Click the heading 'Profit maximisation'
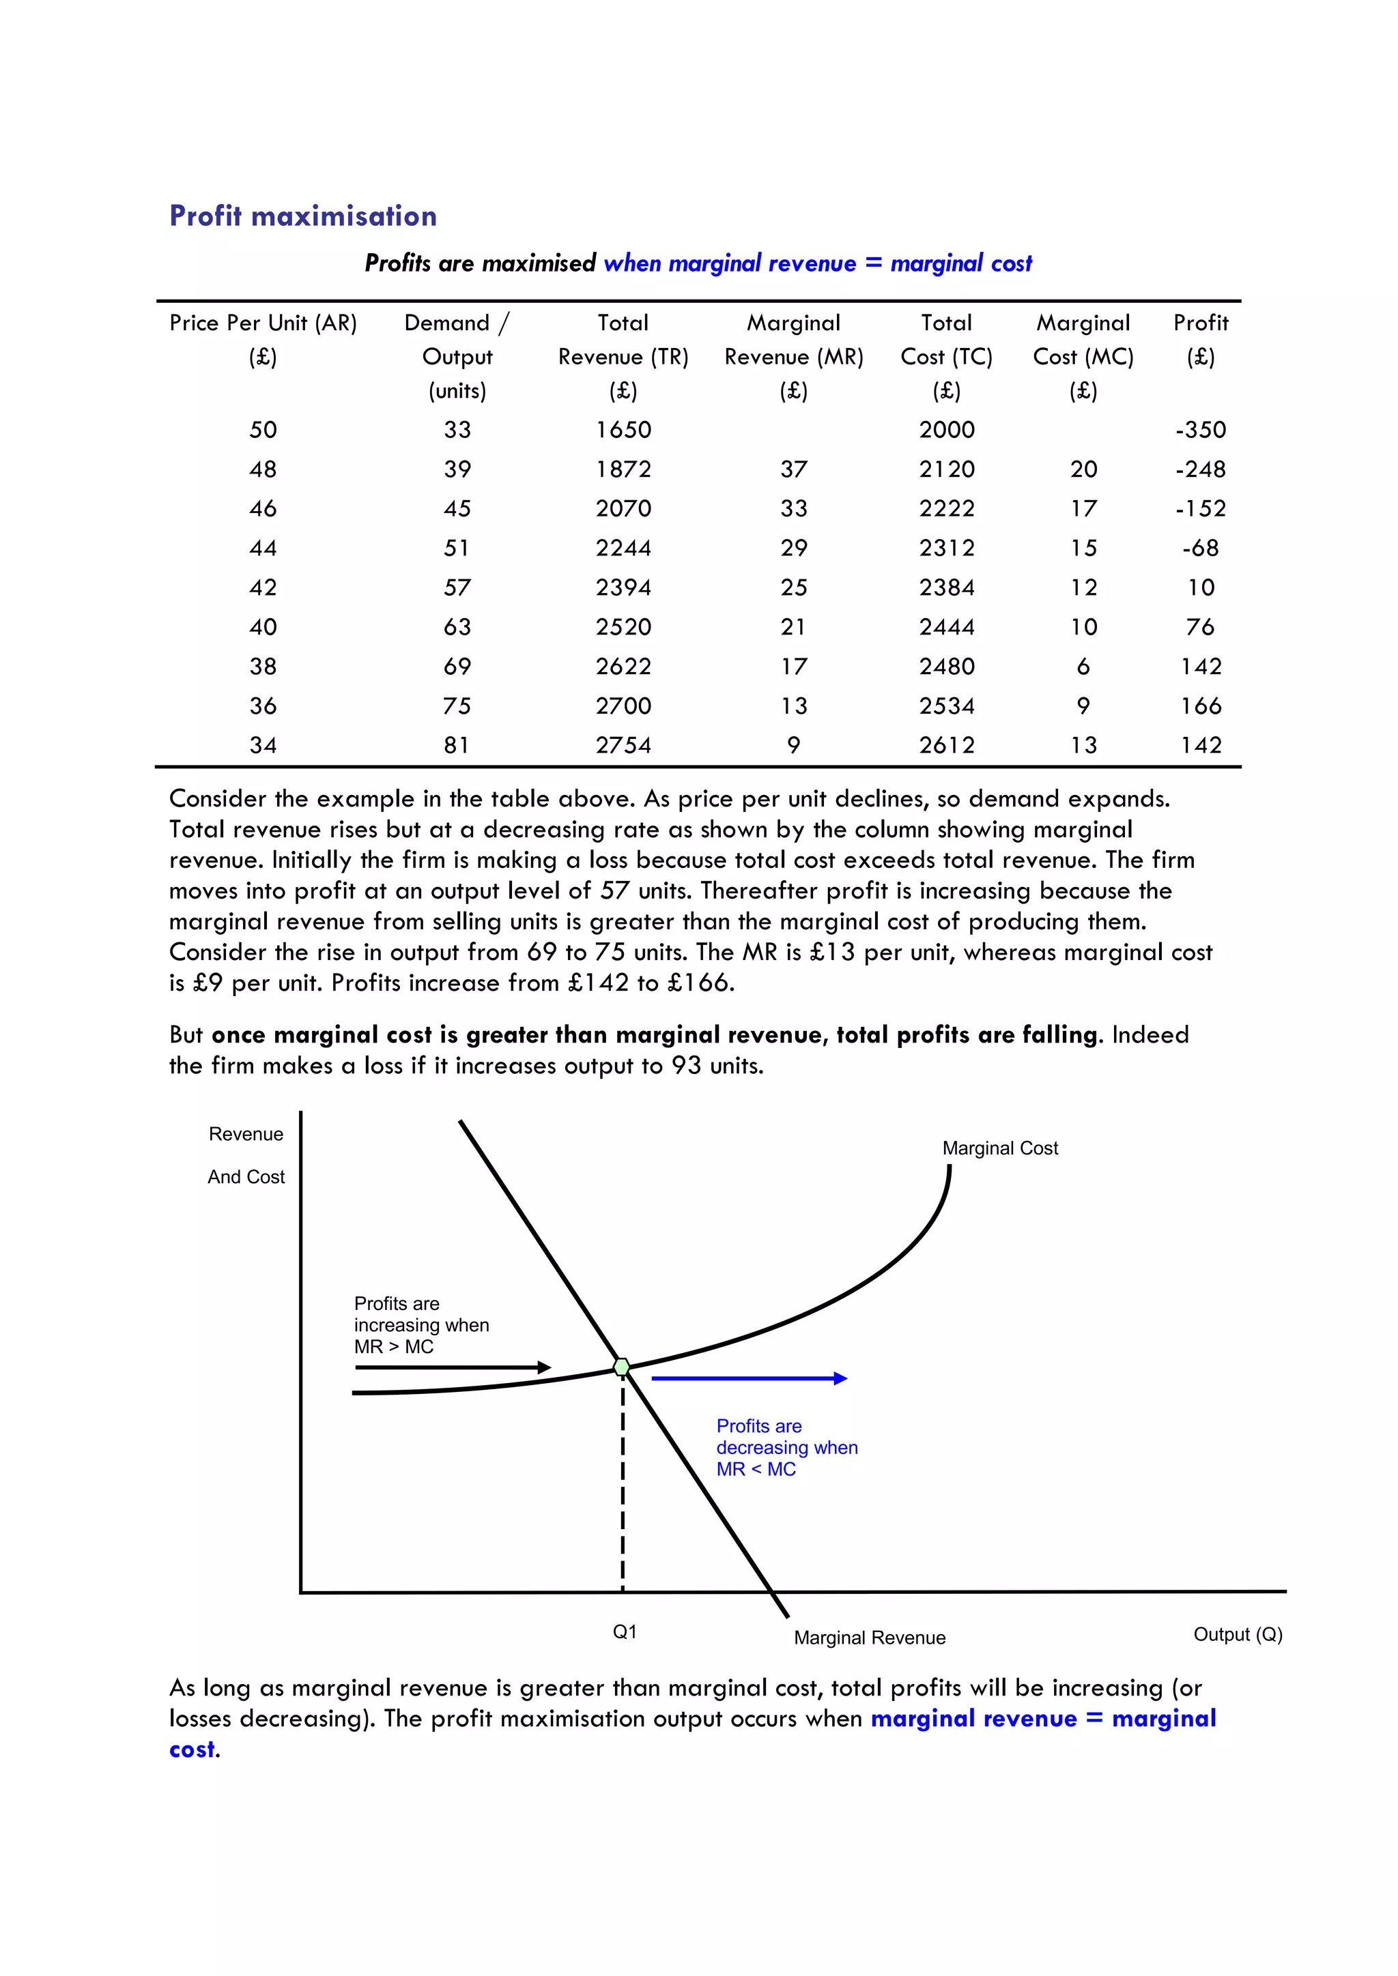click(x=303, y=216)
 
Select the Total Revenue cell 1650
click(x=623, y=429)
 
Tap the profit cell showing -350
click(x=1200, y=429)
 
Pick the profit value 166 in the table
click(x=1200, y=706)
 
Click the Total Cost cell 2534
click(x=946, y=706)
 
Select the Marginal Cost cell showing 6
click(x=1083, y=666)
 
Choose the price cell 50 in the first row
click(x=263, y=429)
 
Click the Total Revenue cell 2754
click(x=623, y=745)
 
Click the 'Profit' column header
click(x=1200, y=323)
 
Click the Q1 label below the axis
click(x=624, y=1631)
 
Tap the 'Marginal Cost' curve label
click(x=999, y=1148)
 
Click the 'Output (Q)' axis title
click(x=1237, y=1634)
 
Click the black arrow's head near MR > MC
click(x=544, y=1367)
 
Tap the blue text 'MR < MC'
click(x=756, y=1469)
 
